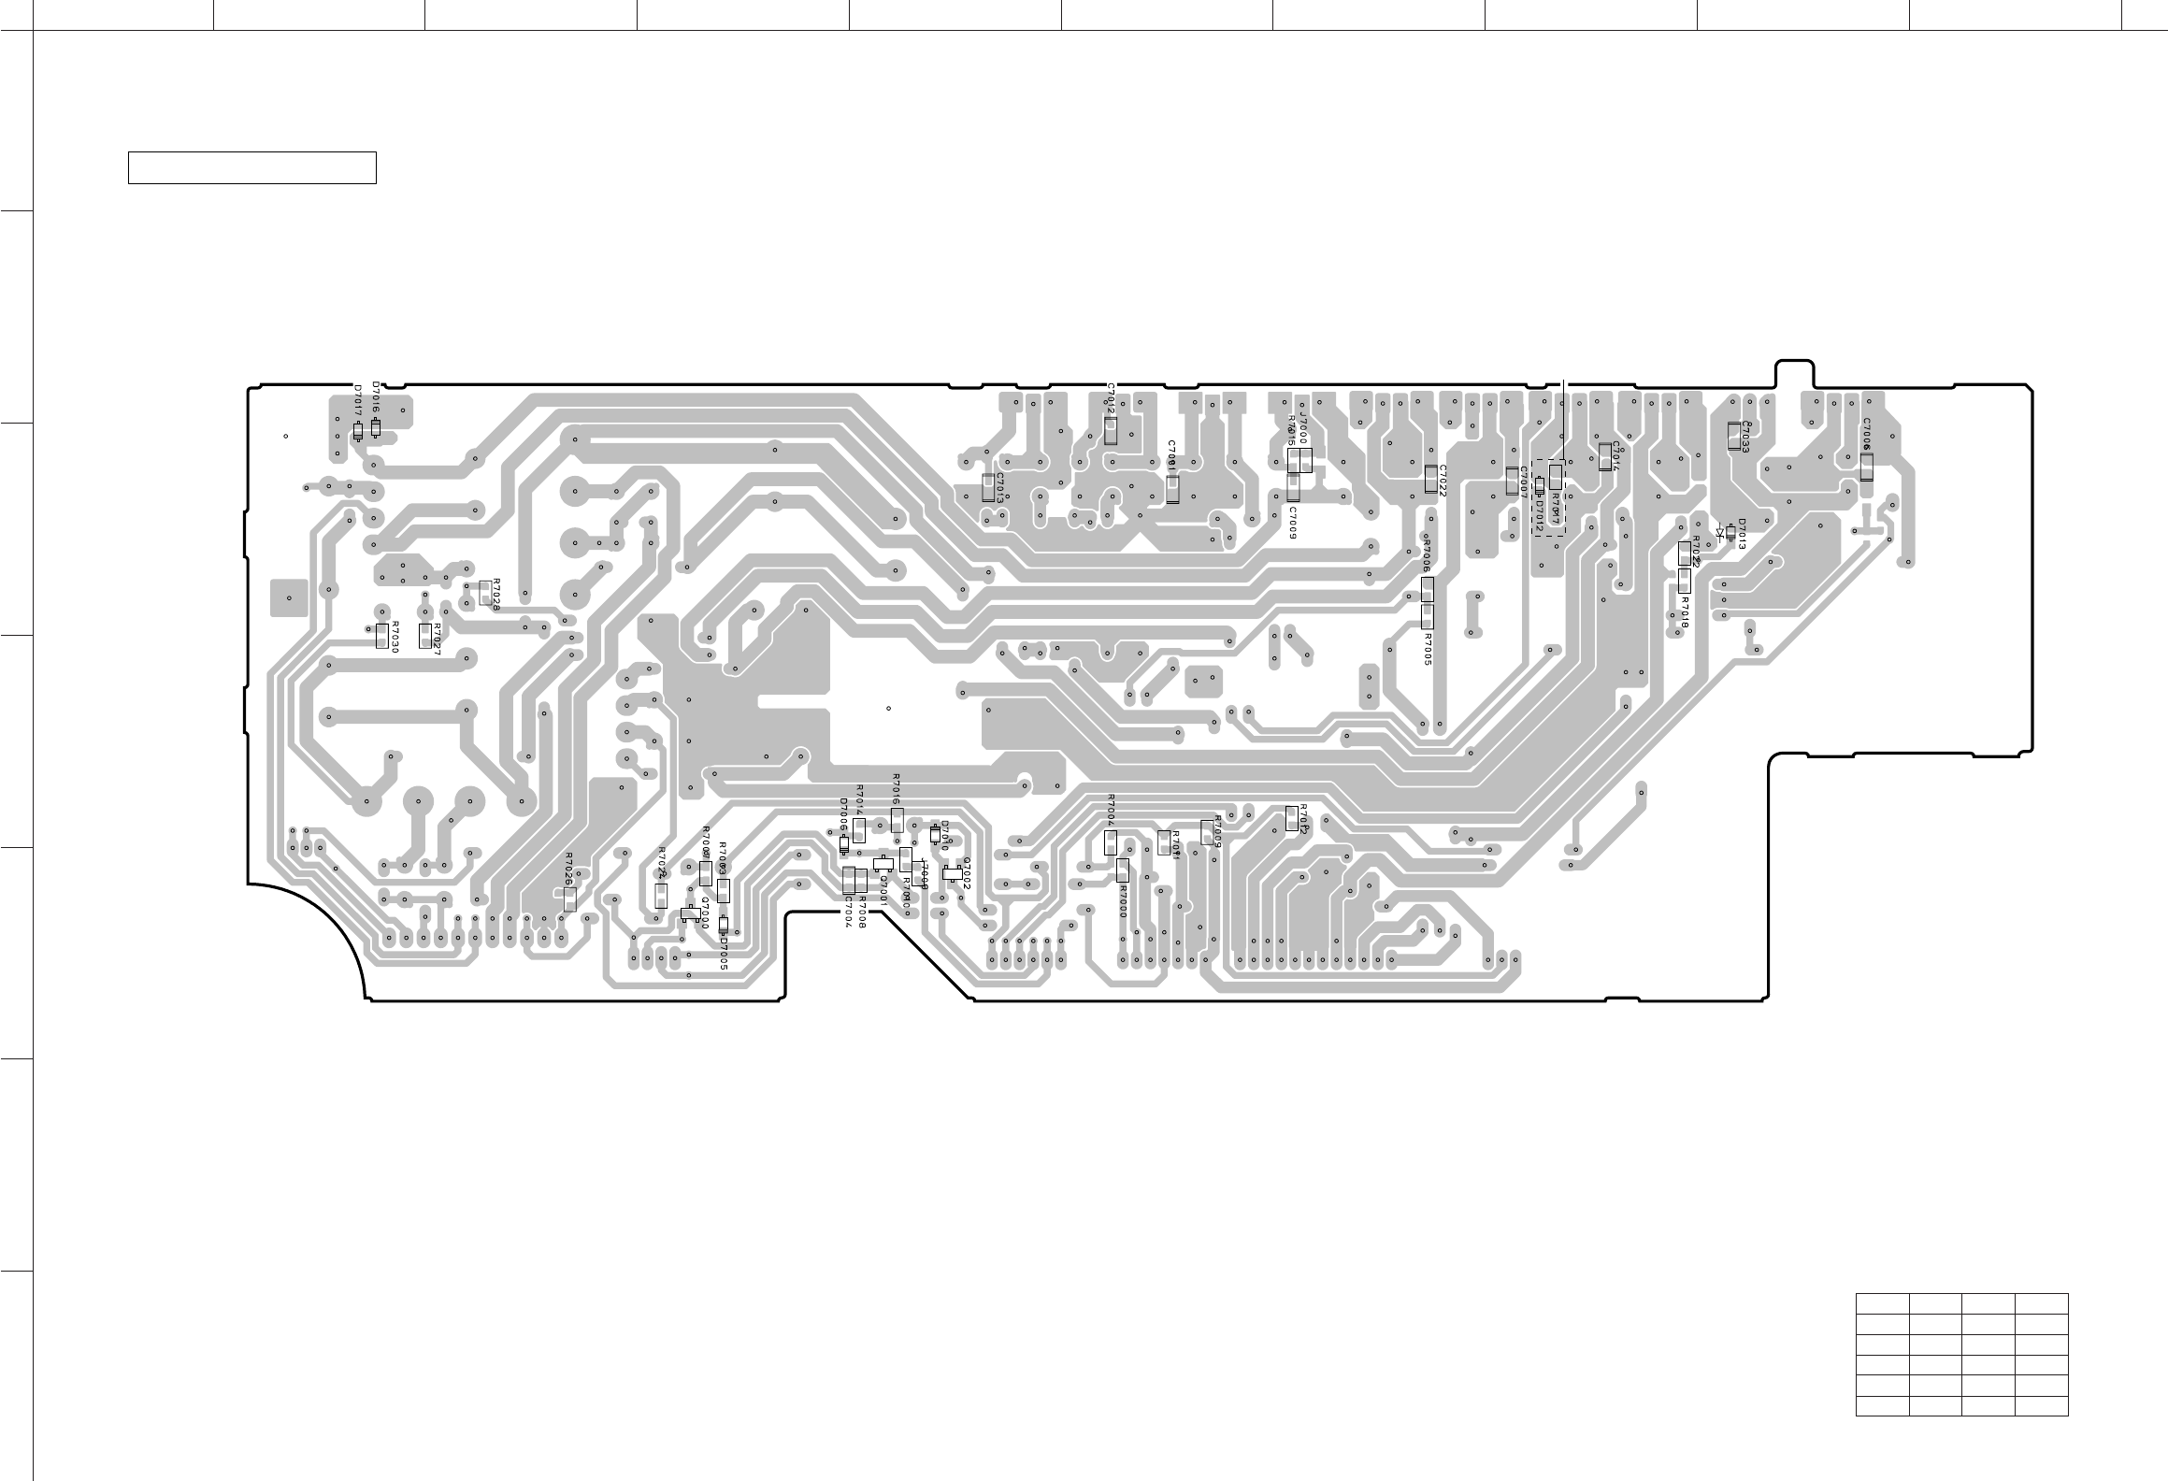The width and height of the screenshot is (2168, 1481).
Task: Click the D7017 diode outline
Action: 358,432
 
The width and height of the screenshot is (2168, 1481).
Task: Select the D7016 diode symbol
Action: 376,427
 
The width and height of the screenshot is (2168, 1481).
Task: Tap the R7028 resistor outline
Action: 484,592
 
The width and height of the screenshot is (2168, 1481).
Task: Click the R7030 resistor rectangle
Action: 381,636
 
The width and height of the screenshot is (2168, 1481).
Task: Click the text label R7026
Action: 568,869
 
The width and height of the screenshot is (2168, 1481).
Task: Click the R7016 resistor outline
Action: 897,820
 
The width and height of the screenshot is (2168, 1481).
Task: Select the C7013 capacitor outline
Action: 988,486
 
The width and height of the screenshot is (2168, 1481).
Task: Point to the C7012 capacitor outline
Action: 1111,430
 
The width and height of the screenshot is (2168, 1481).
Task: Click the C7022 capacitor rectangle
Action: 1430,479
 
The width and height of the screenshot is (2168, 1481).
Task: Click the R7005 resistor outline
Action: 1427,616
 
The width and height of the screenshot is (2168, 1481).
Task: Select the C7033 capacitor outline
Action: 1734,436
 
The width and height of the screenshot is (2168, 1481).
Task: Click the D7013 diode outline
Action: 1730,532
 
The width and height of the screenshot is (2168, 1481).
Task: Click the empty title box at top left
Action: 251,167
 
